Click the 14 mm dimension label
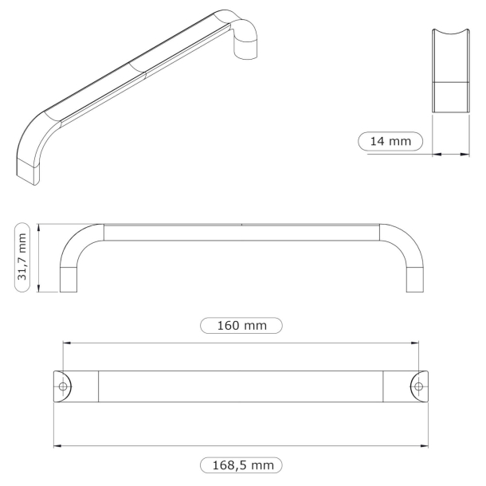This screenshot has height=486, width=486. [x=390, y=142]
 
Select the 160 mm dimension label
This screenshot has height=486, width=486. [x=241, y=325]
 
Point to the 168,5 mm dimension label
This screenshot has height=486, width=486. [x=241, y=464]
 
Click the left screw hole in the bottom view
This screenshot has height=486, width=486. [x=64, y=386]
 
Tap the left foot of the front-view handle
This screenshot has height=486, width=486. [x=70, y=279]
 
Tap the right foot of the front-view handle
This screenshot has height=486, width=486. [x=415, y=279]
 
